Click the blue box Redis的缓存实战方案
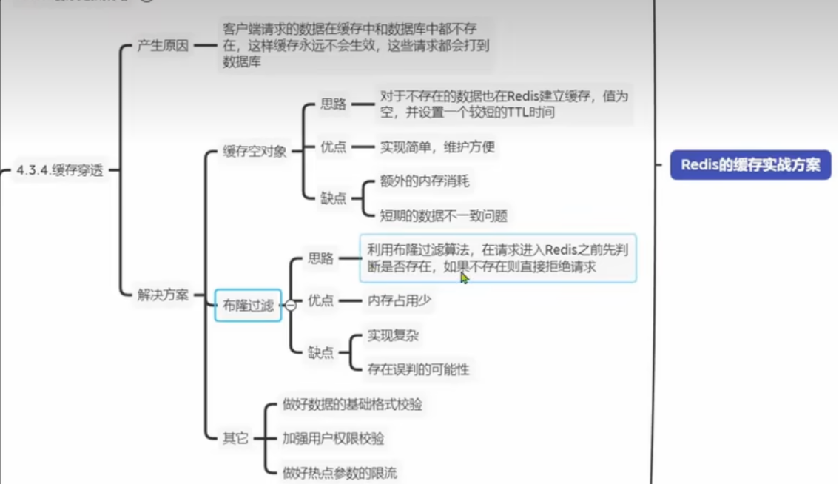click(750, 165)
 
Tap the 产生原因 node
click(163, 45)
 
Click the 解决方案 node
click(163, 295)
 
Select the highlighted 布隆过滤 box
click(248, 305)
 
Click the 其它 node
click(235, 438)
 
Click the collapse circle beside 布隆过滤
click(291, 305)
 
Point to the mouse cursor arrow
click(464, 277)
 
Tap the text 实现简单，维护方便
click(437, 147)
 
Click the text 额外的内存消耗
click(425, 181)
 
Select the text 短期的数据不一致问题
click(443, 215)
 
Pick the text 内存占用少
click(400, 300)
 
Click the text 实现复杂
click(393, 336)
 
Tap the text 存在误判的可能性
click(418, 369)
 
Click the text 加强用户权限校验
click(333, 438)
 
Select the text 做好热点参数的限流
click(340, 472)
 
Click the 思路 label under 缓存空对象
click(333, 104)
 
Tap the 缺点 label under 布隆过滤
click(321, 352)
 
